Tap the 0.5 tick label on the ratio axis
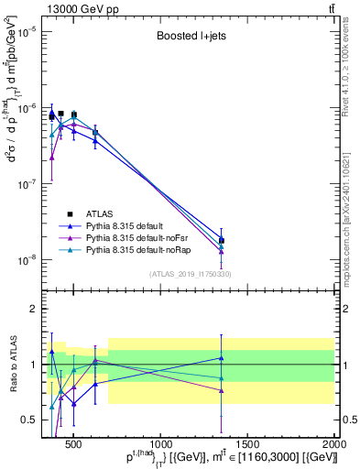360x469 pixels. tap(27, 420)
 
